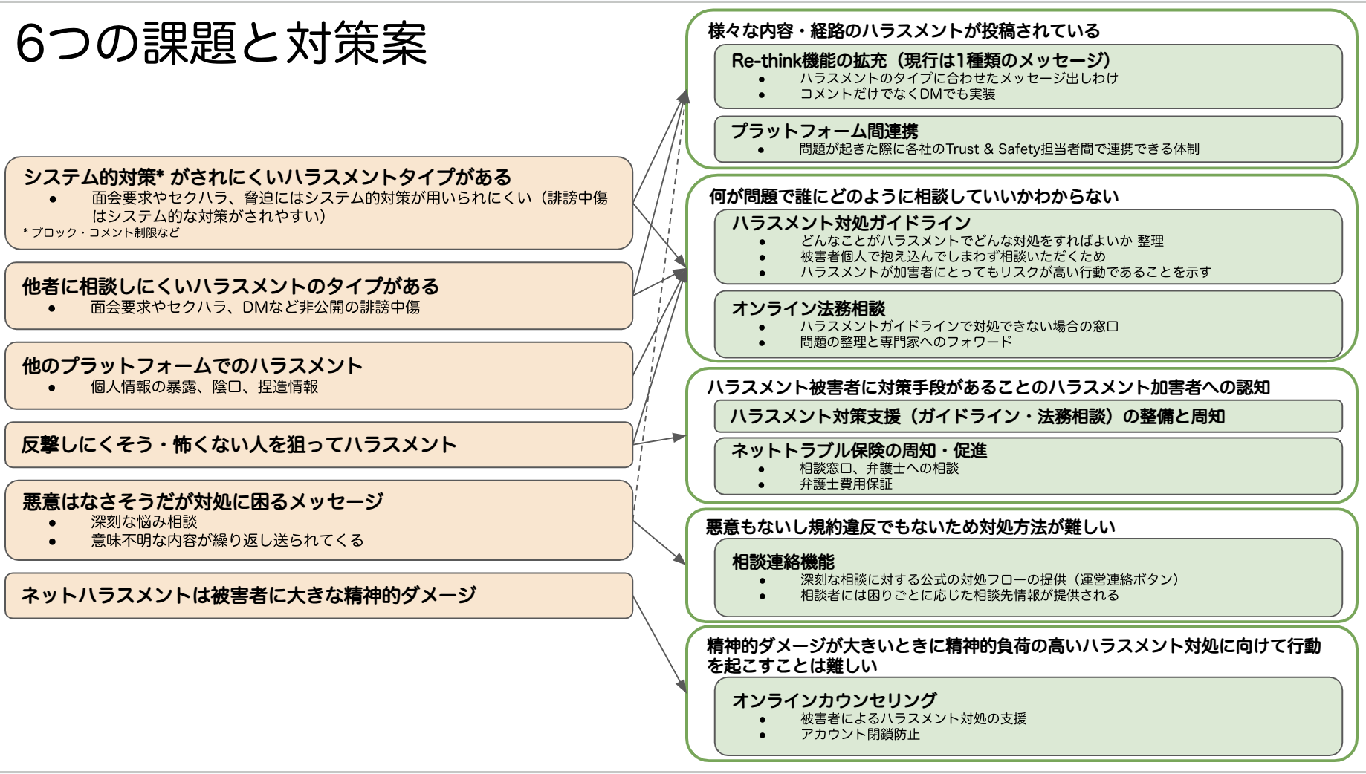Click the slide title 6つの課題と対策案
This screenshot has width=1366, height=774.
pyautogui.click(x=221, y=43)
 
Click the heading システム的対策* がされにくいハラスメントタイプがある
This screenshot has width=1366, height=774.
pyautogui.click(x=268, y=177)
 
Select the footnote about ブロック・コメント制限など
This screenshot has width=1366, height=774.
pyautogui.click(x=101, y=232)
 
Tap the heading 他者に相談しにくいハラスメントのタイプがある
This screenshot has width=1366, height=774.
pyautogui.click(x=230, y=286)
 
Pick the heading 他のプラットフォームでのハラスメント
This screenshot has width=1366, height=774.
pyautogui.click(x=192, y=365)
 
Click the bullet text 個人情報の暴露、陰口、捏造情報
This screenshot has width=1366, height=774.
pyautogui.click(x=204, y=386)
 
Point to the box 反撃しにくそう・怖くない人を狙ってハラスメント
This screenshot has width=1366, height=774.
pyautogui.click(x=319, y=445)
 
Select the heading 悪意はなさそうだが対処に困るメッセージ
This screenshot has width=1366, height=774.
pyautogui.click(x=203, y=501)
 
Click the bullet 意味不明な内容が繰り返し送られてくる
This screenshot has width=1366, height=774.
pyautogui.click(x=227, y=540)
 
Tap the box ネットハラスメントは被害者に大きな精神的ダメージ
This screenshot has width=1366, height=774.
pyautogui.click(x=319, y=596)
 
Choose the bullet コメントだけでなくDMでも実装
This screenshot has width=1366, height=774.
pyautogui.click(x=897, y=94)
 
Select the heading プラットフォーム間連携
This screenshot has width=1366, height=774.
pyautogui.click(x=824, y=131)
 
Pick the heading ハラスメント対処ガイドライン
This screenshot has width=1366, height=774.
pyautogui.click(x=851, y=223)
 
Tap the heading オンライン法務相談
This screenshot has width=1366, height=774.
pyautogui.click(x=809, y=308)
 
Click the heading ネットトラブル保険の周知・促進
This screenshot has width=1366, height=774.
pyautogui.click(x=859, y=450)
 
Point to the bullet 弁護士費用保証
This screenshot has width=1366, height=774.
pyautogui.click(x=846, y=484)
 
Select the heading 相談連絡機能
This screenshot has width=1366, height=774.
pyautogui.click(x=783, y=562)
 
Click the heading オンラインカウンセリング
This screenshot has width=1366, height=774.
pyautogui.click(x=834, y=700)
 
